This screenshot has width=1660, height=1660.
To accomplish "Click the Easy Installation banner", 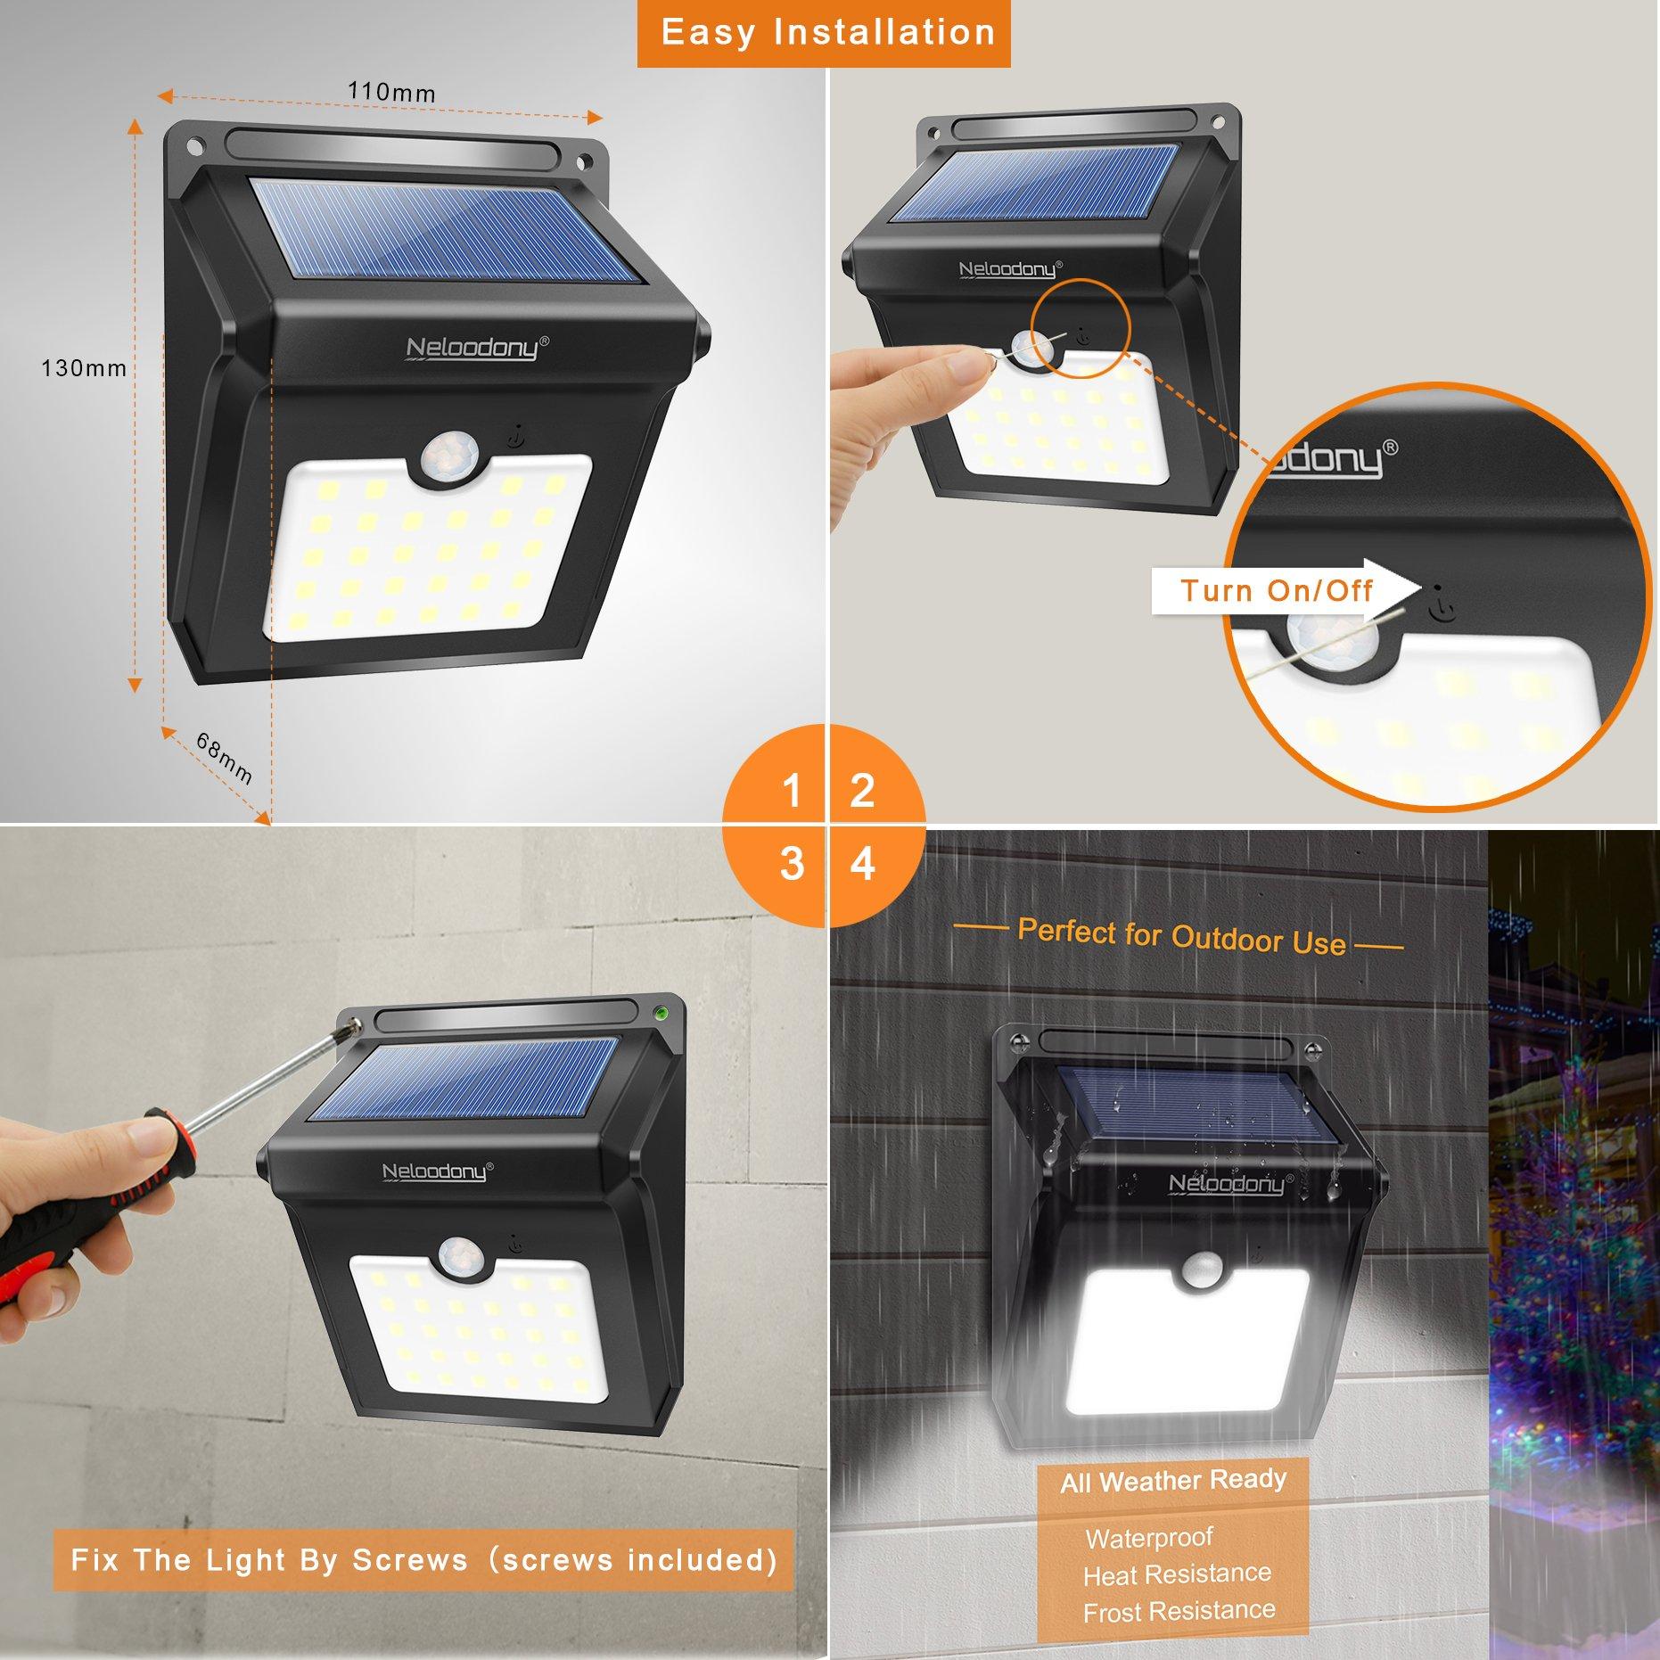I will click(824, 34).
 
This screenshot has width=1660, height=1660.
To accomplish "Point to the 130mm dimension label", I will click(84, 367).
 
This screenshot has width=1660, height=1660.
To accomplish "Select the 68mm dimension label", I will click(224, 758).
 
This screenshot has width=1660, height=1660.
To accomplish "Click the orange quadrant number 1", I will click(791, 790).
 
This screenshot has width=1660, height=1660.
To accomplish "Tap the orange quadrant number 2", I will click(862, 790).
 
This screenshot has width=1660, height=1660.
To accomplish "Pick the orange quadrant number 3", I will click(791, 864).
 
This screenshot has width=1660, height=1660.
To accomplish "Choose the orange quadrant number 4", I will click(862, 864).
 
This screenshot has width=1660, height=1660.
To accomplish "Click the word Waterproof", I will click(1148, 1539).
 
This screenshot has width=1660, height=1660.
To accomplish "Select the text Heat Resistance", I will click(1177, 1575).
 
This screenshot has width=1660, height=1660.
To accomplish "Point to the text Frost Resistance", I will click(1179, 1612).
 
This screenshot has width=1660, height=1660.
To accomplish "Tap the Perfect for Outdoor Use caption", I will click(1180, 938).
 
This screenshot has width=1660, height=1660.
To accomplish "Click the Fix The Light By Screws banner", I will click(423, 1560).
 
